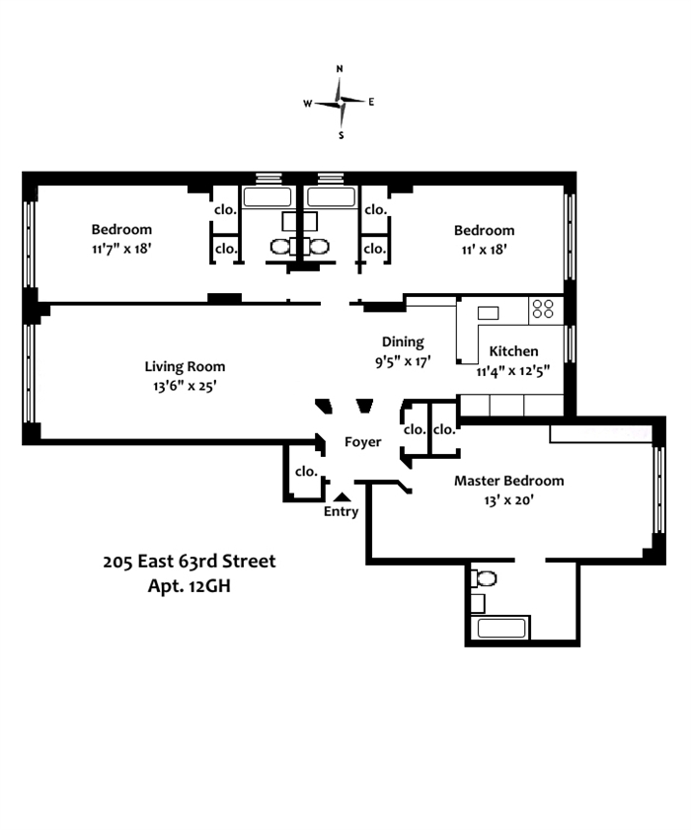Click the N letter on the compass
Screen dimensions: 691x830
pos(340,69)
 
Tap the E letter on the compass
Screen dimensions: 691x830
pos(371,102)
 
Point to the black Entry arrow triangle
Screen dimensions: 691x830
pos(343,496)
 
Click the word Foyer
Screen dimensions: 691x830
pos(362,442)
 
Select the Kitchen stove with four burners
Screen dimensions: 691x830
pos(545,310)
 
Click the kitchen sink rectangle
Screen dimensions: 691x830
pos(488,313)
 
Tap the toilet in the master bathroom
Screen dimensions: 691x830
pos(484,578)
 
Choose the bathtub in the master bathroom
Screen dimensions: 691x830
pos(501,629)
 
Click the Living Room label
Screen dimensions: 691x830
pos(185,366)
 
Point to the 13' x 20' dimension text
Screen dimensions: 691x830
pos(508,499)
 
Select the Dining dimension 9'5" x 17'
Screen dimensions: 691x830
pos(403,361)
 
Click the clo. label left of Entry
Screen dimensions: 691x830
pos(307,471)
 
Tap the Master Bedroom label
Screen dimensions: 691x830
pos(508,481)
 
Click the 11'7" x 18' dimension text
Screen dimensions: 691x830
pos(121,249)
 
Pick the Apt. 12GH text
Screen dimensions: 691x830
pos(189,586)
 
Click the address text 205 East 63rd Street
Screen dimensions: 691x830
pos(189,562)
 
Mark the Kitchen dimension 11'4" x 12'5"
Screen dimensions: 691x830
pos(512,371)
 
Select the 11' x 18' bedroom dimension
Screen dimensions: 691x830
pos(484,250)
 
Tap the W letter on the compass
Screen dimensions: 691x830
pos(308,104)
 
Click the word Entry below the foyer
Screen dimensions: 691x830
pos(341,511)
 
